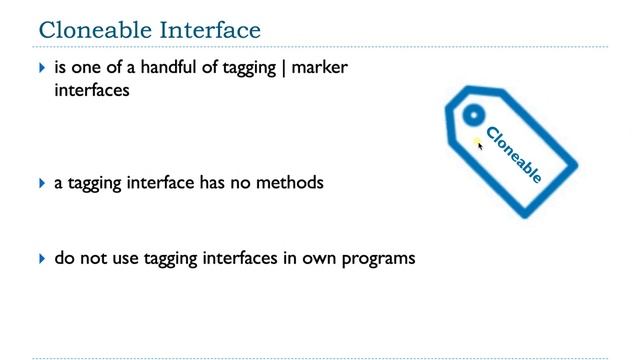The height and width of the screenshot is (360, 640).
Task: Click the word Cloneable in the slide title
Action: point(90,27)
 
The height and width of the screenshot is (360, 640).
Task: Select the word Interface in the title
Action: point(206,27)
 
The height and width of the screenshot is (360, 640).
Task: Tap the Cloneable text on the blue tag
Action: point(513,155)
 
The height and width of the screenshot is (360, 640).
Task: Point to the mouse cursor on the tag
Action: point(479,145)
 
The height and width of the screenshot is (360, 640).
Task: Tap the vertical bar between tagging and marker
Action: point(283,67)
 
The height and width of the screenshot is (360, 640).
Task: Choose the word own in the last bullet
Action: point(320,258)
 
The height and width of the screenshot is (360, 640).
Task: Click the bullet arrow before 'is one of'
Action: point(42,67)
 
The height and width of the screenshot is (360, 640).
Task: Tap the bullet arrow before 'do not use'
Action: point(42,258)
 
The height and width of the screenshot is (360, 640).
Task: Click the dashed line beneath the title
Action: point(320,47)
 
